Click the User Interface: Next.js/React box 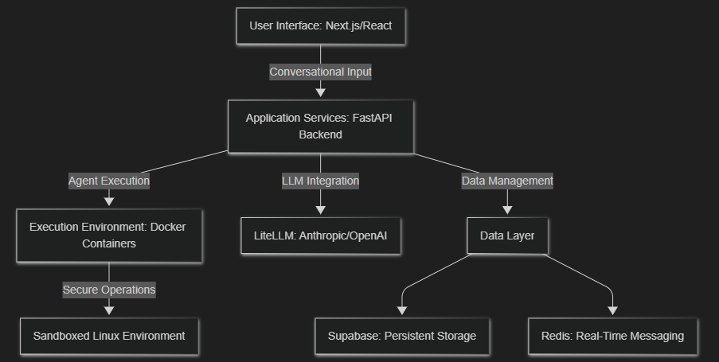click(x=320, y=25)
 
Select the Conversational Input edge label click(x=320, y=72)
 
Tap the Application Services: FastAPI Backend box click(x=320, y=126)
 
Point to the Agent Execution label click(x=109, y=181)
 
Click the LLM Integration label click(x=320, y=181)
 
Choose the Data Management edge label click(x=507, y=181)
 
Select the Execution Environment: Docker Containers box click(x=109, y=235)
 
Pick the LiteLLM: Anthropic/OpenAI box click(x=320, y=235)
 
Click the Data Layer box click(x=507, y=235)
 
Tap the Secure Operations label click(x=109, y=290)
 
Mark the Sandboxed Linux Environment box click(x=109, y=336)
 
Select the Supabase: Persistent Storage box click(x=402, y=336)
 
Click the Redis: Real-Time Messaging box click(x=613, y=336)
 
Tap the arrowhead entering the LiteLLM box click(x=320, y=210)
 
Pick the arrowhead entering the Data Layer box click(x=507, y=210)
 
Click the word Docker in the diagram click(x=169, y=227)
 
